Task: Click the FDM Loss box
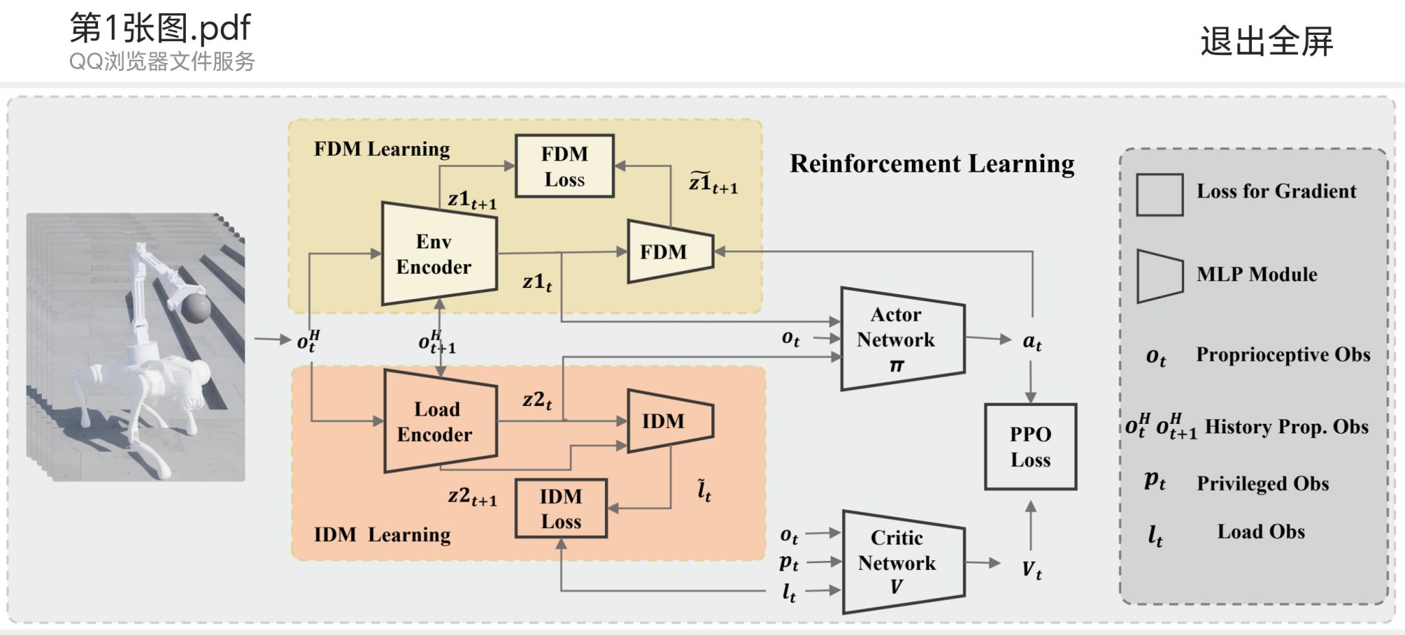click(564, 166)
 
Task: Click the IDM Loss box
click(560, 508)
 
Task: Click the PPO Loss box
click(1030, 446)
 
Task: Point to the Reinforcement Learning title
click(932, 163)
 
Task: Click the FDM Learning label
click(381, 149)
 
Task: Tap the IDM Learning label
click(382, 534)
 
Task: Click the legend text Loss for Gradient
click(1276, 191)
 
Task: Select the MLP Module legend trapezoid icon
click(1159, 276)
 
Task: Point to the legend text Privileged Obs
click(1262, 483)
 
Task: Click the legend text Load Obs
click(1260, 531)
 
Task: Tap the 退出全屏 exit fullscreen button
click(1266, 41)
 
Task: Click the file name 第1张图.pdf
click(160, 28)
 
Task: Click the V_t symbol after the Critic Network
click(1031, 569)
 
